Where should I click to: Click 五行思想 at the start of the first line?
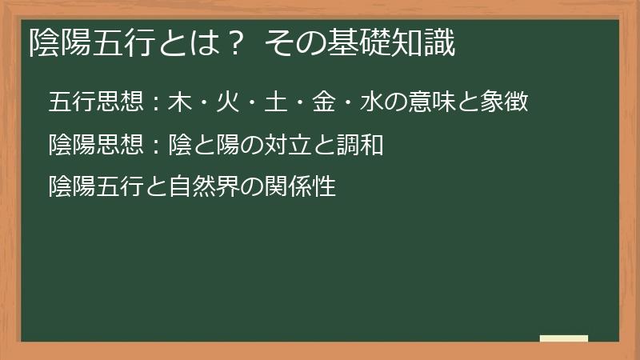95,102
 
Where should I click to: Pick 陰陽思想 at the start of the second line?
95,146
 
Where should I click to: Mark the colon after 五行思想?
155,103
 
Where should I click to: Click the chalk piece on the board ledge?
564,338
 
